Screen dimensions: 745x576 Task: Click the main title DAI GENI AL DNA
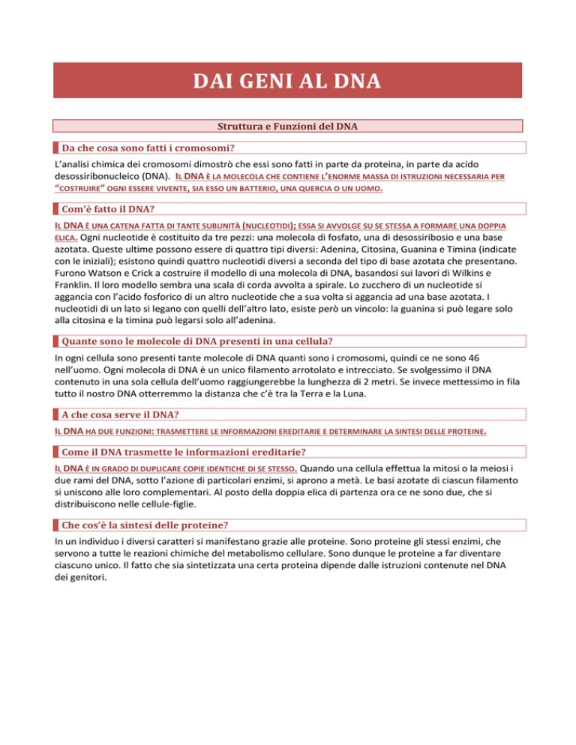288,79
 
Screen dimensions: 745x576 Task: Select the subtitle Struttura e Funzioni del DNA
287,126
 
